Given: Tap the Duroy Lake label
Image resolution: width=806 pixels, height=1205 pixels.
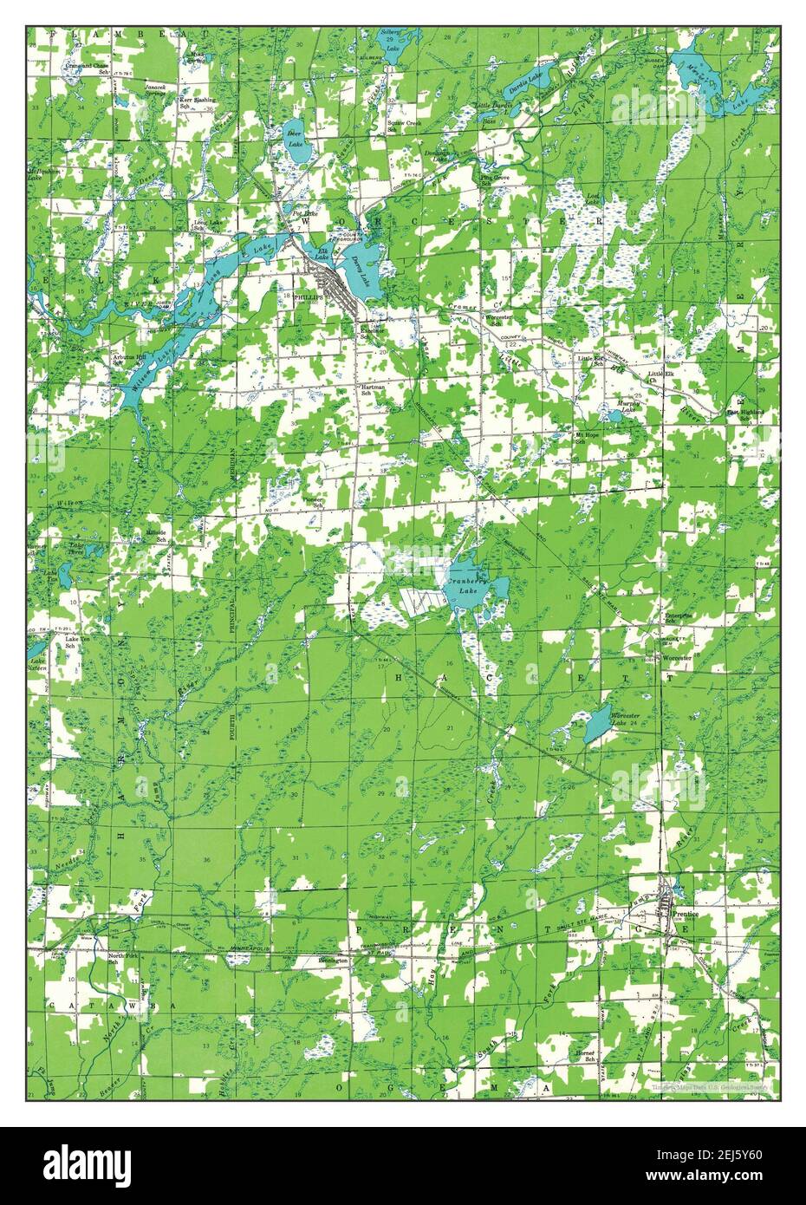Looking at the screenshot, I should click(362, 276).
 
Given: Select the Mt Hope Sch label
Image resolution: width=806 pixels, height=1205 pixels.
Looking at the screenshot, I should click(588, 439).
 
